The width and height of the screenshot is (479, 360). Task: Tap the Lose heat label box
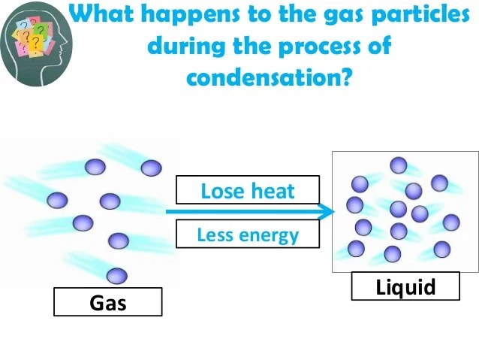(248, 190)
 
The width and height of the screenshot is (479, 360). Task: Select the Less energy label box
(248, 234)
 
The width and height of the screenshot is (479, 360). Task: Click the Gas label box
(107, 302)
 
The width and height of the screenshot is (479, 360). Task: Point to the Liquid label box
(405, 286)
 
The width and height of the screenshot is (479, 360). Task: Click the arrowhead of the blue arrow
(327, 212)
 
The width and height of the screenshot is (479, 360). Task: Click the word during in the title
(188, 47)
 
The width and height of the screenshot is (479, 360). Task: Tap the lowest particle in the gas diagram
(116, 276)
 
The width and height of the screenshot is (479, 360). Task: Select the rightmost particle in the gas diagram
(151, 168)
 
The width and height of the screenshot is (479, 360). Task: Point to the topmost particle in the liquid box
(399, 165)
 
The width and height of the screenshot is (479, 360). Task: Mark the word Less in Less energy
(213, 234)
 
